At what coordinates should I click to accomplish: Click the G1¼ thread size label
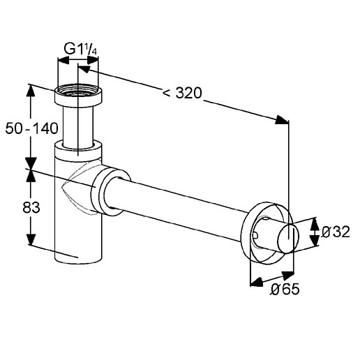pos(80,50)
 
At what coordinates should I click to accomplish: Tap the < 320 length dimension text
pos(182,93)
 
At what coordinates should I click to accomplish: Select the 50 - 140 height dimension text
pos(31,128)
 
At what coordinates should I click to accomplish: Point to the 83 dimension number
pos(31,207)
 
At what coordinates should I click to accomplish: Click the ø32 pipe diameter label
pos(336,232)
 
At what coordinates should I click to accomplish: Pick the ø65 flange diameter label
pos(285,290)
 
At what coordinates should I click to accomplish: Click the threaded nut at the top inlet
pos(78,96)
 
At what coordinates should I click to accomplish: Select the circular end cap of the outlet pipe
pos(288,239)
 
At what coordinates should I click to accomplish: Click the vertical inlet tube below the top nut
pos(78,127)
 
